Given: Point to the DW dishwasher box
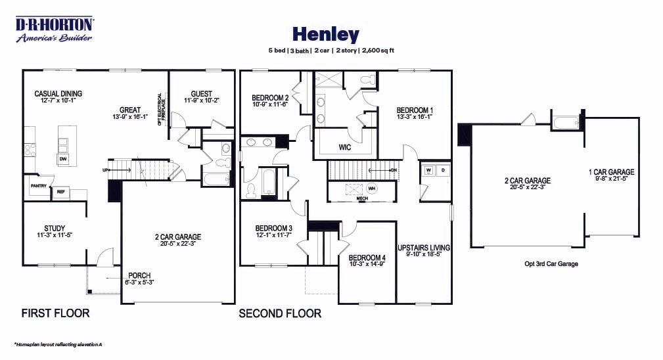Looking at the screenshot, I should point(63,159).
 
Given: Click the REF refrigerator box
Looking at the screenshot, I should point(60,192).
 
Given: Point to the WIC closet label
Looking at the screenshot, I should point(345,146).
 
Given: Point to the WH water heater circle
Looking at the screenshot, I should point(371,189).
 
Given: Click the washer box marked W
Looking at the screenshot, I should point(428,169).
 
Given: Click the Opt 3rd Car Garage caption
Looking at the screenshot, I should point(551,264).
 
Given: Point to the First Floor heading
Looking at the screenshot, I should point(55,313).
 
